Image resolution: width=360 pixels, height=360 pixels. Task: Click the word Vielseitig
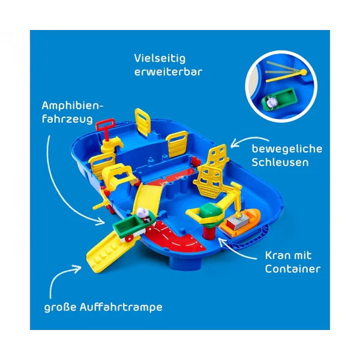click(160, 58)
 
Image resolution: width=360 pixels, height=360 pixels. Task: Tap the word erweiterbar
click(168, 72)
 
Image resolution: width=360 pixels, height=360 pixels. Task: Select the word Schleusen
click(280, 163)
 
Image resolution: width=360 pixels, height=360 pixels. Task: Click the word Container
click(293, 269)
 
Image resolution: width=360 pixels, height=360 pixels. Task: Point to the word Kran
click(277, 256)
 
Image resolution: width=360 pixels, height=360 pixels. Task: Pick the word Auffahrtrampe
click(121, 307)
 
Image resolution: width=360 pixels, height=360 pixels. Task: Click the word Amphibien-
click(73, 106)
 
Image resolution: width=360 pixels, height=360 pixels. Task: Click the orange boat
click(241, 222)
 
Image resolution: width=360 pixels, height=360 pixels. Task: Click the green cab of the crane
click(209, 211)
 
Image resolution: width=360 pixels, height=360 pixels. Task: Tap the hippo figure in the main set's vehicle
click(143, 212)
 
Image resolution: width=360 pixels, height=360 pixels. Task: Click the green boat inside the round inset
click(280, 99)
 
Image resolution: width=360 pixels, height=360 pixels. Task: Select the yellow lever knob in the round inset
click(304, 73)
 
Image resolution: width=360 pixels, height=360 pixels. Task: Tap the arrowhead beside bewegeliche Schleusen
click(234, 144)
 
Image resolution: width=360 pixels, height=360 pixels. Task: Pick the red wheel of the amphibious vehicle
click(129, 239)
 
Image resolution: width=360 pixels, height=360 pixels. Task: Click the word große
click(60, 308)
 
